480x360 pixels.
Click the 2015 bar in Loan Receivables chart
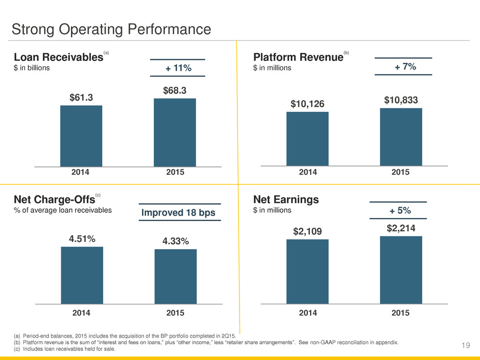point(175,133)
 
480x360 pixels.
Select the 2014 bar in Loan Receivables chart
point(81,136)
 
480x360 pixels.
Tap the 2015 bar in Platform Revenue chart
point(401,137)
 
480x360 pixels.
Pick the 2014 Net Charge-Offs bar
point(82,275)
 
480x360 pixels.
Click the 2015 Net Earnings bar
point(401,270)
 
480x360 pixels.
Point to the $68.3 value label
point(175,90)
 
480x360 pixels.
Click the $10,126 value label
point(307,104)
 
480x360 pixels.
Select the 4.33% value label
point(176,241)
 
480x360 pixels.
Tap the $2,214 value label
point(401,228)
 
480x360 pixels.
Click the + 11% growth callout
point(178,67)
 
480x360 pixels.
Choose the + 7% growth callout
point(405,66)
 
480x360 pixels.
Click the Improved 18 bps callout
point(179,212)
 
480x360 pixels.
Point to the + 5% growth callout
point(400,210)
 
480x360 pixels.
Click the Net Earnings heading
point(286,200)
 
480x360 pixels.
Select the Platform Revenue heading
point(299,57)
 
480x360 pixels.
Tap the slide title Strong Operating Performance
point(111,30)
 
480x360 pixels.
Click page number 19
point(466,345)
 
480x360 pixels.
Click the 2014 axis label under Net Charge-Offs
point(81,313)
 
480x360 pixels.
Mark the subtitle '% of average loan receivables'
point(63,210)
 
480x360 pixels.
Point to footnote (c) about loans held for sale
point(64,349)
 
